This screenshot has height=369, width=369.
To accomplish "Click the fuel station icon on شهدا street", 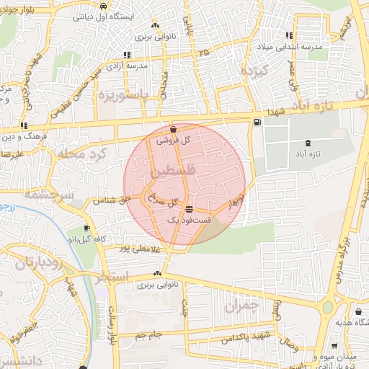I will point(257,123).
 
